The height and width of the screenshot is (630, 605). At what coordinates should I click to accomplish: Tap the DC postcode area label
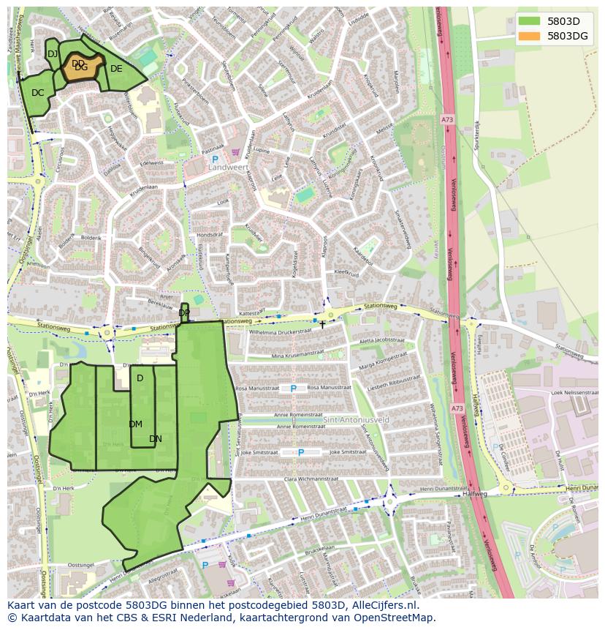pos(38,93)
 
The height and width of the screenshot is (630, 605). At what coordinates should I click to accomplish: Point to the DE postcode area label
pos(116,69)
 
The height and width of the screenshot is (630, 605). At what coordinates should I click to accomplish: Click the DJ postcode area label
pos(53,54)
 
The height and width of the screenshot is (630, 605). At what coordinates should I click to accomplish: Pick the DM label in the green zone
pos(136,424)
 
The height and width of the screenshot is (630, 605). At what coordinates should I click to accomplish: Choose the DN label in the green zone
pos(156,439)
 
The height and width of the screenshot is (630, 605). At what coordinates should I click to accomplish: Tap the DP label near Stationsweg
pos(184,313)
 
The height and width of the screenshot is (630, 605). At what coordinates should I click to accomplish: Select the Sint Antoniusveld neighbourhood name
pos(356,419)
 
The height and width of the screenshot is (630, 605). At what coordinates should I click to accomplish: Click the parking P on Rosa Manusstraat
pos(294,389)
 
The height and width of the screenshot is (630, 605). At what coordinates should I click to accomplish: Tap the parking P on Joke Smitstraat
pos(301,453)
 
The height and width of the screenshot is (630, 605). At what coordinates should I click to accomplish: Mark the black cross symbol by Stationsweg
pos(322,324)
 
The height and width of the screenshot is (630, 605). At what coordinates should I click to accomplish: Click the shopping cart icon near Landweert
pos(235,153)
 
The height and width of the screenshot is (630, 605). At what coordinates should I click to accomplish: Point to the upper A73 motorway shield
pos(446,119)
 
